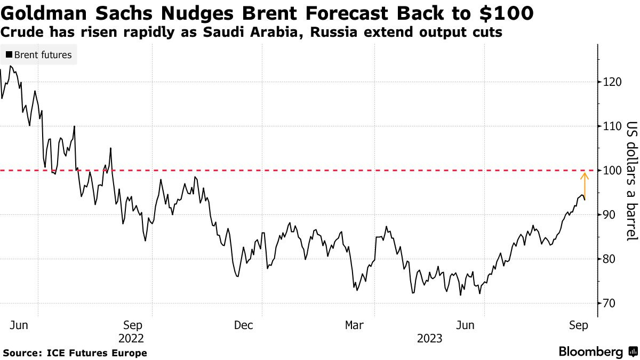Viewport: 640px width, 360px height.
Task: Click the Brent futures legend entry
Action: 38,55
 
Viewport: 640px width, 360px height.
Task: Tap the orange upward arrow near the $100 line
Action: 585,185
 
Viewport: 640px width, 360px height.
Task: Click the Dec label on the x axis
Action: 243,325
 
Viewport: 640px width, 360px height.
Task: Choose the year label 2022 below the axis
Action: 132,338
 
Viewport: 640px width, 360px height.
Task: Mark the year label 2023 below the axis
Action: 429,338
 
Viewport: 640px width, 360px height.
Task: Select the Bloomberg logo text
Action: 591,352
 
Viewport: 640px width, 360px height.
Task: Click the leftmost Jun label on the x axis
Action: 20,325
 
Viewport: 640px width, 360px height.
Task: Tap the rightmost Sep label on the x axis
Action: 579,325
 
